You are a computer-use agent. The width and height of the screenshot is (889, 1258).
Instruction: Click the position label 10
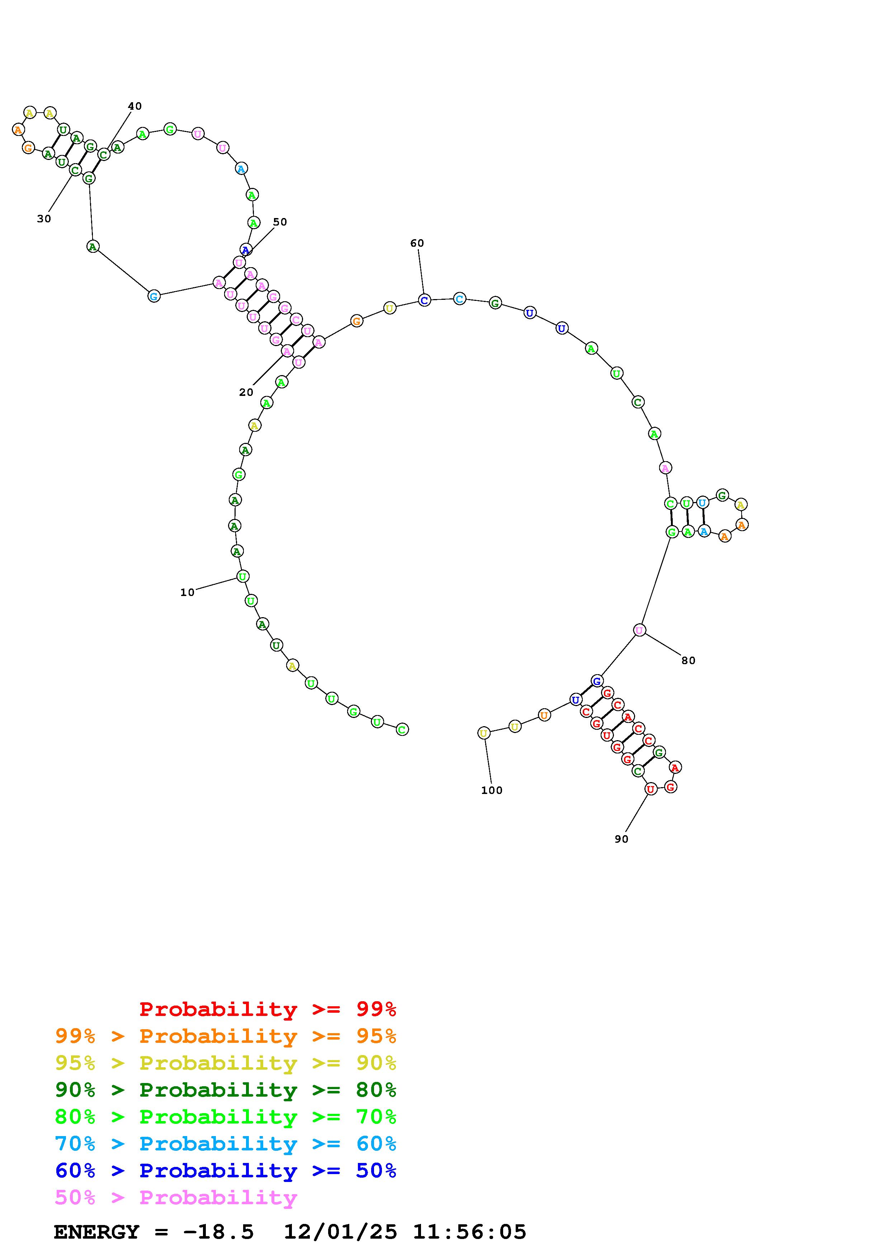point(187,592)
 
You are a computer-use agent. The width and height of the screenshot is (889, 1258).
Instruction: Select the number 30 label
point(44,219)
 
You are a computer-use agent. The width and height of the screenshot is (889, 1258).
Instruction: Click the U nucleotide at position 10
point(243,576)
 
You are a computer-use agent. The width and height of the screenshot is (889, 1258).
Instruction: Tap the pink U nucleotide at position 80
point(639,630)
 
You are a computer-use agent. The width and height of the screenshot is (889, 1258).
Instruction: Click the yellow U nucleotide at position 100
point(484,733)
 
